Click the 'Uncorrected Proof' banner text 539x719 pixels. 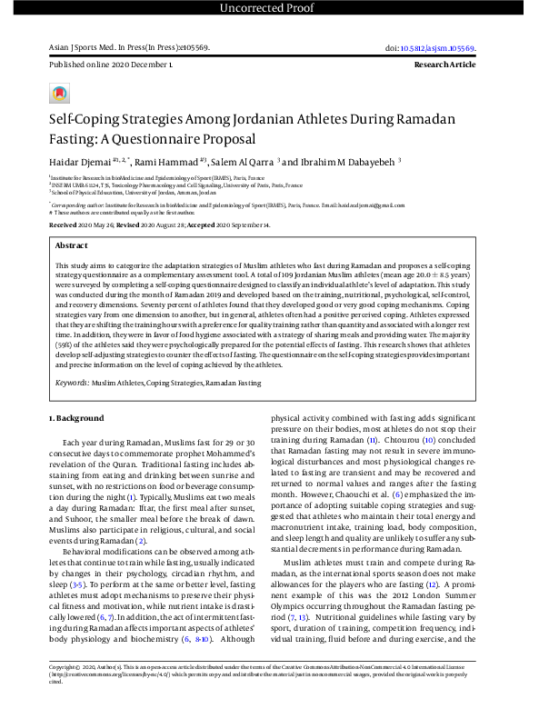[269, 9]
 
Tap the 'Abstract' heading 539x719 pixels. [71, 245]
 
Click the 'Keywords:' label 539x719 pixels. [74, 384]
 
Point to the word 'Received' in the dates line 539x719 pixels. [64, 223]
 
